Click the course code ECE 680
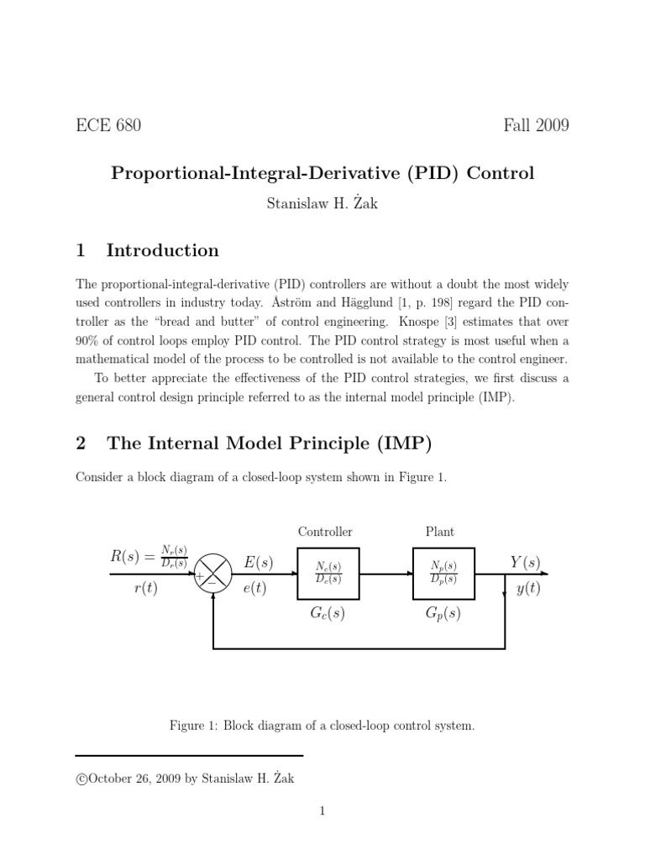[x=108, y=126]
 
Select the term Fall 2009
[x=536, y=126]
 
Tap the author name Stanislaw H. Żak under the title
[x=322, y=204]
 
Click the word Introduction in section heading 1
[x=162, y=250]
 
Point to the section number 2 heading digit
[x=81, y=443]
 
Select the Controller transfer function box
[x=328, y=574]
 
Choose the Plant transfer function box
[x=443, y=574]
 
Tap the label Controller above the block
[x=325, y=532]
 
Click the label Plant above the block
[x=440, y=532]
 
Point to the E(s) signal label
[x=259, y=562]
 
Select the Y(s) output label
[x=526, y=562]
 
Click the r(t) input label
[x=146, y=589]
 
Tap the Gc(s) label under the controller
[x=328, y=614]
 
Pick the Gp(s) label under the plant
[x=443, y=614]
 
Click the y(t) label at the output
[x=528, y=589]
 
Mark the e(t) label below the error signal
[x=254, y=589]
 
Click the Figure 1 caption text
[x=322, y=726]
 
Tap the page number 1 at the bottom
[x=322, y=811]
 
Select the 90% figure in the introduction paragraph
[x=89, y=341]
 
